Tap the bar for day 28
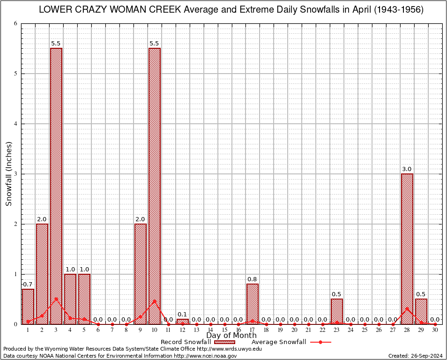tap(407, 248)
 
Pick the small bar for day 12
tap(183, 322)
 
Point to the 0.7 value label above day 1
tap(28, 285)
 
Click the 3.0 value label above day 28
tap(407, 169)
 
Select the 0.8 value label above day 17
tap(253, 279)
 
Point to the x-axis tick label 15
tap(224, 330)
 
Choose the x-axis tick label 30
tap(435, 330)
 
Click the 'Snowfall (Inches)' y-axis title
tap(9, 173)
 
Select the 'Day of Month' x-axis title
tap(231, 336)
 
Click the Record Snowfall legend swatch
tap(224, 342)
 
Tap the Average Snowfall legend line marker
tap(320, 342)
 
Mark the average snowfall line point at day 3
tap(56, 299)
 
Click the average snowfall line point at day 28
tap(407, 308)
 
